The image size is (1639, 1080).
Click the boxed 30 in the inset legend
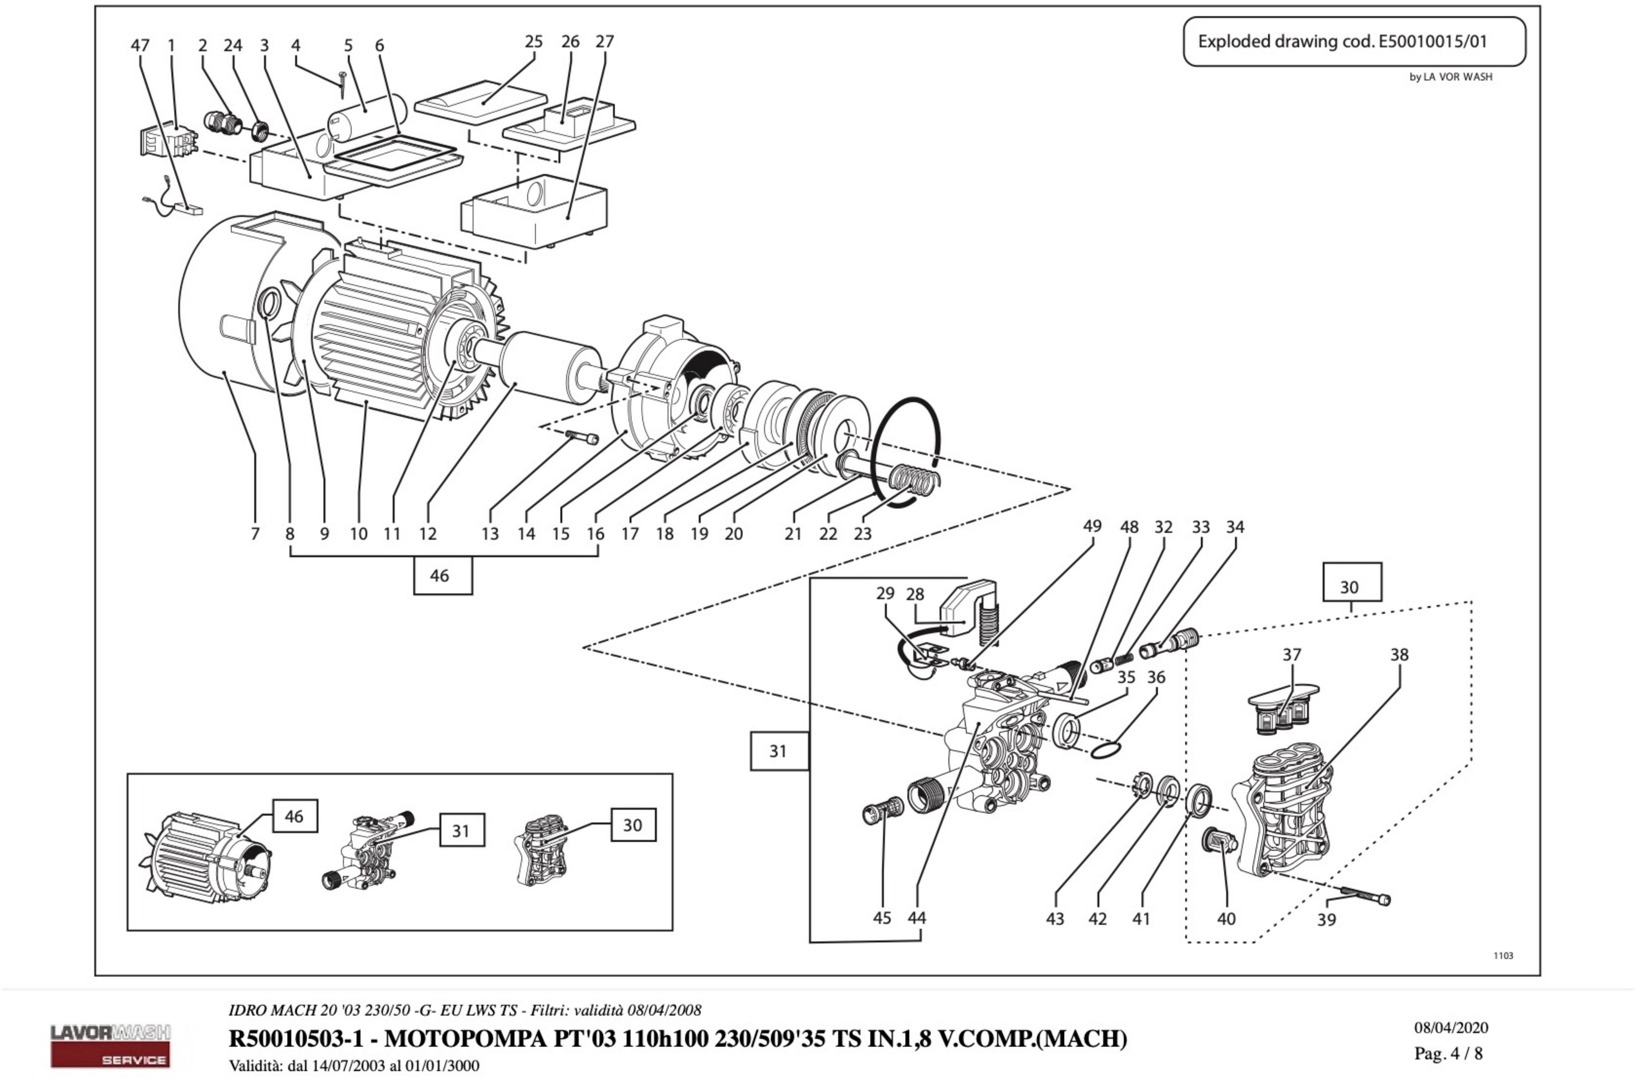pos(632,825)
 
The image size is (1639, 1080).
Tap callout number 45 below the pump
pos(882,918)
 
